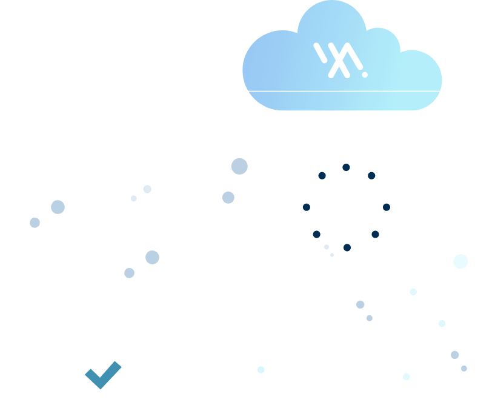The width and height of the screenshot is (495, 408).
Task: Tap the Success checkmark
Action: coord(103,376)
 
